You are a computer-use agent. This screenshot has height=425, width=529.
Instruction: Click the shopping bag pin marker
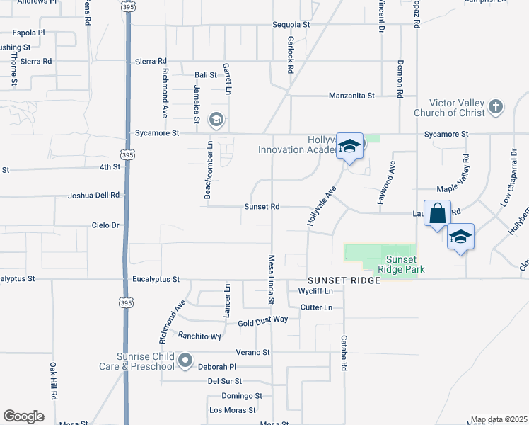click(x=438, y=213)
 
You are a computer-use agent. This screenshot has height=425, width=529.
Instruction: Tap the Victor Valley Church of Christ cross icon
click(x=496, y=107)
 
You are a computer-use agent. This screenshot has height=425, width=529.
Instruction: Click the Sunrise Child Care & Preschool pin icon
click(x=185, y=361)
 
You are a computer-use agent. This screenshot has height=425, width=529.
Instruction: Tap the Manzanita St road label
click(x=351, y=96)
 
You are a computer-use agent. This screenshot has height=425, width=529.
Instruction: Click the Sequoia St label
click(x=291, y=25)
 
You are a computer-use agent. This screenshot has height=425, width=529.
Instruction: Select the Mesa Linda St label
click(x=270, y=280)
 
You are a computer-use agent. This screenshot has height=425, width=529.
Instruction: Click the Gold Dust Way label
click(x=262, y=320)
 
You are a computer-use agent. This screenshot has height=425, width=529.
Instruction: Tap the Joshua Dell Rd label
click(x=94, y=195)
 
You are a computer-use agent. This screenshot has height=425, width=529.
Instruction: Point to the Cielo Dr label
click(x=106, y=225)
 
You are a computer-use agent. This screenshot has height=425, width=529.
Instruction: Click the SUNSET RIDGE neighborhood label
click(x=344, y=281)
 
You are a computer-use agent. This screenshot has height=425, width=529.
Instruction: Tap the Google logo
click(x=23, y=416)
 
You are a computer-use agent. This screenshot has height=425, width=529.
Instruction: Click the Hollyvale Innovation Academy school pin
click(x=349, y=147)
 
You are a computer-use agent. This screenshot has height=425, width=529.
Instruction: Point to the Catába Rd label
click(x=344, y=353)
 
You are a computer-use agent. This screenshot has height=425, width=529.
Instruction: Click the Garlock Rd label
click(x=290, y=56)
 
